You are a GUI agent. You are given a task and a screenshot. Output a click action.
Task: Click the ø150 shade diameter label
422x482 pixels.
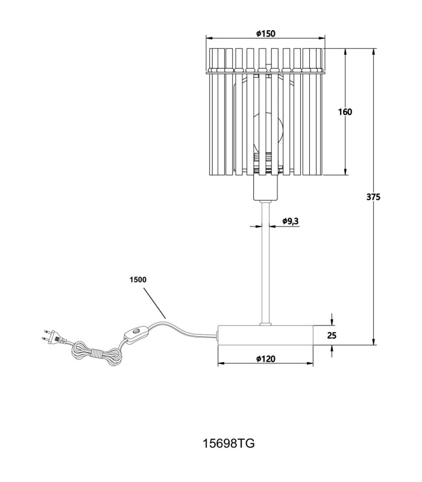266,33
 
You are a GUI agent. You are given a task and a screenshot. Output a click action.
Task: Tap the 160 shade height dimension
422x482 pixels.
345,112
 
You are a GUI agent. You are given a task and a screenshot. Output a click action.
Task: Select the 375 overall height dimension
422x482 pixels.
373,197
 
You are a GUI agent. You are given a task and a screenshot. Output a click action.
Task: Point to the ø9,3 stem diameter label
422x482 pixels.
291,221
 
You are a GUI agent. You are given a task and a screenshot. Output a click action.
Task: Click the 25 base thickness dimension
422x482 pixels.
332,336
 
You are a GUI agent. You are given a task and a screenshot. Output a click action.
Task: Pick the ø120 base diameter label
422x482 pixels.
266,358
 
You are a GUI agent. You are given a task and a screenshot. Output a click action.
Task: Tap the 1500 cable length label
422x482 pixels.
138,280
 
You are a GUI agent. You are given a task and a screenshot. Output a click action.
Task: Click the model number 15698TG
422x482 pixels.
228,443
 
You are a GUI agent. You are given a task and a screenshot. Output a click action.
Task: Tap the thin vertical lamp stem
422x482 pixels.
265,262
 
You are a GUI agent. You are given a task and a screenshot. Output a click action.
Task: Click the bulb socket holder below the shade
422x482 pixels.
265,187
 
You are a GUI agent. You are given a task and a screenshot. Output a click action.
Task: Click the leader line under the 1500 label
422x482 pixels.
155,303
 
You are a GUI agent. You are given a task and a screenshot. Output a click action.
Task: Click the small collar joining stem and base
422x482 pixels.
265,324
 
